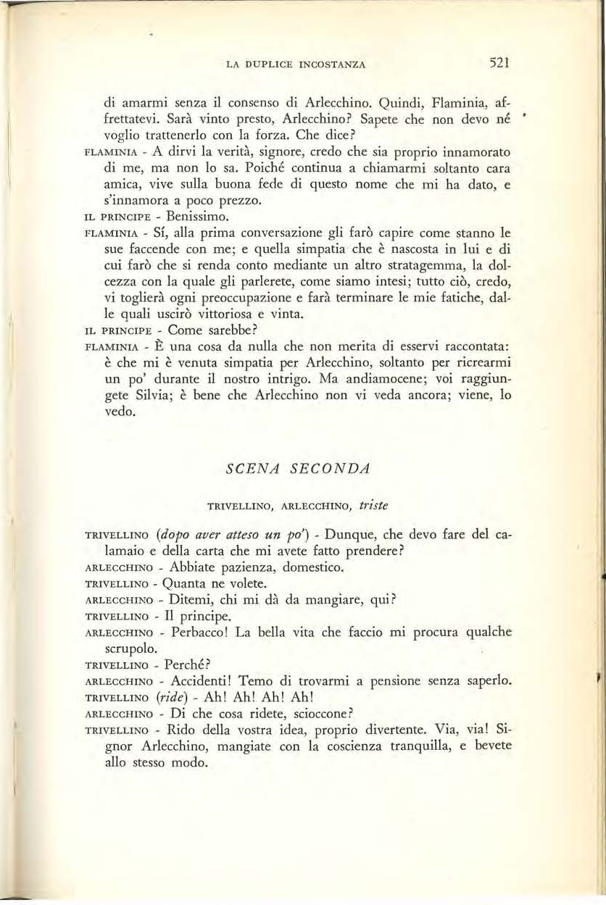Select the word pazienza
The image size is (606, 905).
(x=243, y=567)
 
